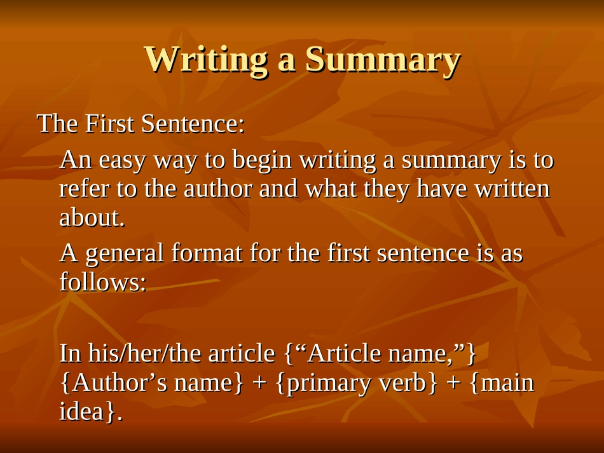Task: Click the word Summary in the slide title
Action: [383, 60]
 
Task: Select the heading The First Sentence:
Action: [141, 123]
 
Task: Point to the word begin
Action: [261, 161]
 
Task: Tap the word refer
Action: [83, 189]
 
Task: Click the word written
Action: [511, 189]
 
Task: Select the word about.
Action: [92, 218]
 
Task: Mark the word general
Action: [125, 254]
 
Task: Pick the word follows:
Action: [102, 282]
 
